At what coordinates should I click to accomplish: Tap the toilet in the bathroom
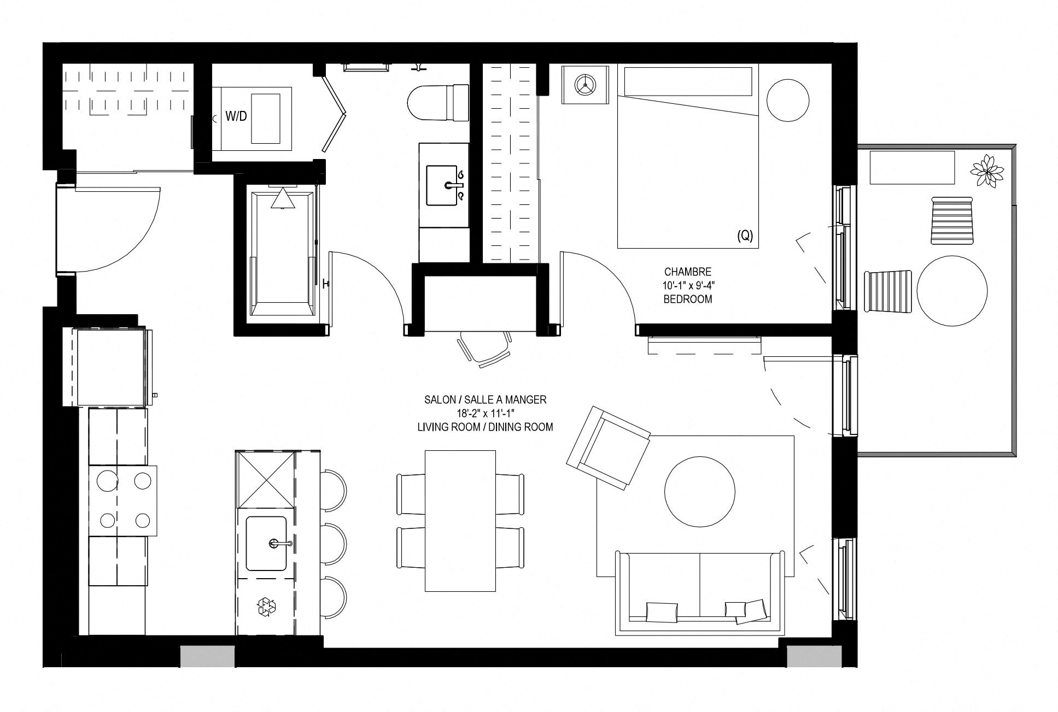(x=439, y=103)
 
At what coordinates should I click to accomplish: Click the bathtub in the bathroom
(x=283, y=251)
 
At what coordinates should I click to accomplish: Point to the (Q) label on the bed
(x=745, y=236)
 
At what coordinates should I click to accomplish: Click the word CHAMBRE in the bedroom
(x=688, y=272)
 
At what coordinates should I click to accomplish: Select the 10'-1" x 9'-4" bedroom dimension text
(x=688, y=285)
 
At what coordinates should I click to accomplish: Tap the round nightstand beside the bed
(x=788, y=101)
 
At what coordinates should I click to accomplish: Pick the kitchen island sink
(x=266, y=543)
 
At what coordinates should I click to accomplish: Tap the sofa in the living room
(x=698, y=593)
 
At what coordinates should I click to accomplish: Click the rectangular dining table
(x=460, y=521)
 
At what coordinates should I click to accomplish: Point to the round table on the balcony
(x=952, y=291)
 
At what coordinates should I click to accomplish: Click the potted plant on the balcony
(x=987, y=171)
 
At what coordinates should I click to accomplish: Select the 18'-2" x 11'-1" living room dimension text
(x=485, y=414)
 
